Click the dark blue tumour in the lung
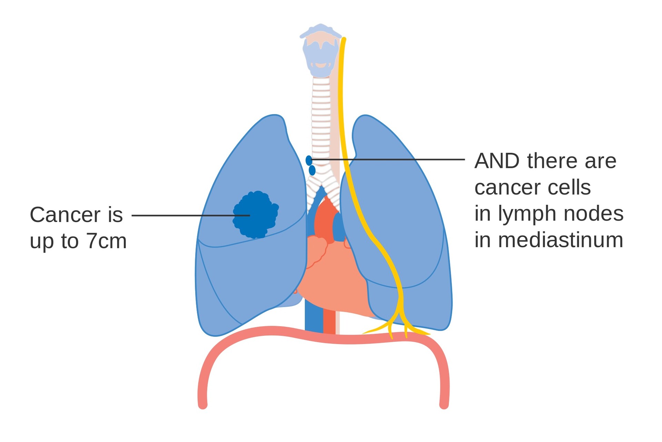(255, 215)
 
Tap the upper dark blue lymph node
(309, 160)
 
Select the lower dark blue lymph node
(312, 170)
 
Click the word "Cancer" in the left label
(65, 215)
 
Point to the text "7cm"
(107, 241)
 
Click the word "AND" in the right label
(497, 161)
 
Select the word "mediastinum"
(561, 240)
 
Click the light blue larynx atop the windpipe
(321, 52)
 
